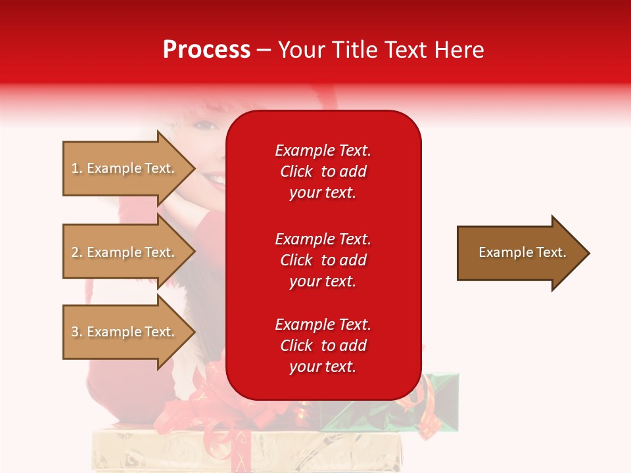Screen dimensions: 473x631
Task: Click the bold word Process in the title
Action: point(206,50)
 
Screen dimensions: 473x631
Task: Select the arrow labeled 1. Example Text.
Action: point(125,168)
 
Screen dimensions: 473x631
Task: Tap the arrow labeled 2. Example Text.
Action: point(125,252)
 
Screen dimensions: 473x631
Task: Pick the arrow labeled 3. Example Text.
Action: point(125,332)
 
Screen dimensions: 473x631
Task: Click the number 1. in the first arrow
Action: point(77,168)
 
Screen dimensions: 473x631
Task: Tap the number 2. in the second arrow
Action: point(77,252)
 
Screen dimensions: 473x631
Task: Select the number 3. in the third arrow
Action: point(77,332)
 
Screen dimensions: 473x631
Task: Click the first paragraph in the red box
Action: point(323,171)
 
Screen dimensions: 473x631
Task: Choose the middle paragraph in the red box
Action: point(323,260)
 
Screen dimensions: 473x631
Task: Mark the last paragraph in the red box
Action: point(323,346)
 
